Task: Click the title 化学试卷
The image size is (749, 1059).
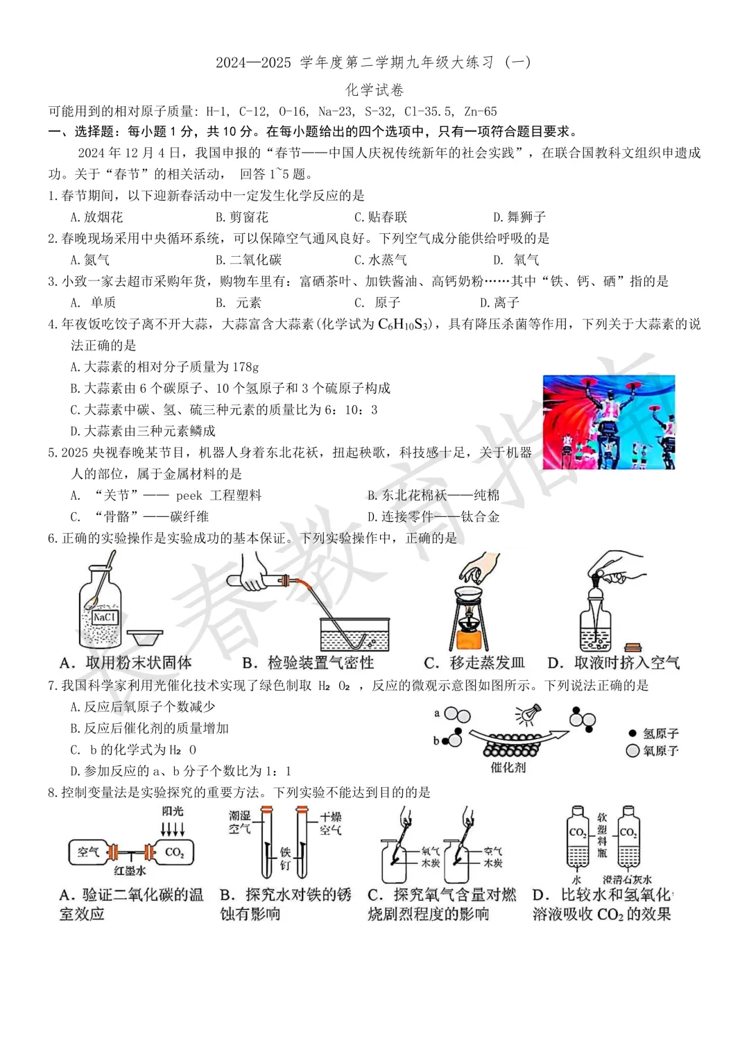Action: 374,90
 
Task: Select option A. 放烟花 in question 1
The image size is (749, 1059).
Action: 96,217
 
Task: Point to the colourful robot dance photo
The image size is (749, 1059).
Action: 608,422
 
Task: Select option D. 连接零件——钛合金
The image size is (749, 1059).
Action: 433,517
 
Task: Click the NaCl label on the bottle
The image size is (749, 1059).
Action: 105,617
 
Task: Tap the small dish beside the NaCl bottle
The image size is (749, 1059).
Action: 146,636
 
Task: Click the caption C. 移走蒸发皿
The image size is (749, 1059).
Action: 474,663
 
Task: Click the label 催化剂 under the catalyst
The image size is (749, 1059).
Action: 508,768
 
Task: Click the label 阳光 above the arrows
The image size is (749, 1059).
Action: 173,811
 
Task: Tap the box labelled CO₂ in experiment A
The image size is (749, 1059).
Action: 174,852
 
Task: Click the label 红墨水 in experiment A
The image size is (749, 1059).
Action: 130,870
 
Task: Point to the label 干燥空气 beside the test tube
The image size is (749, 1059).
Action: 330,823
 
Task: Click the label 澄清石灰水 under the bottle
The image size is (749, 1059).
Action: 627,880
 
